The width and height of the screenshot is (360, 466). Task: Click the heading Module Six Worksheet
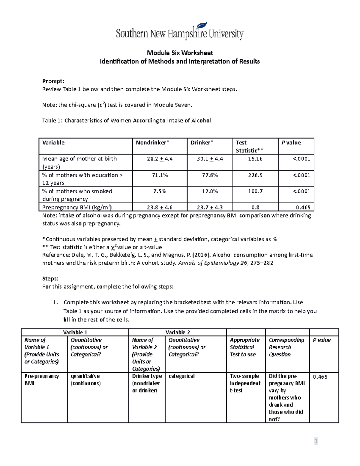pos(180,53)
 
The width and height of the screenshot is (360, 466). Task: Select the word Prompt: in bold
pos(53,81)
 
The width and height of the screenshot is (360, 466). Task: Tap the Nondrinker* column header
pos(152,143)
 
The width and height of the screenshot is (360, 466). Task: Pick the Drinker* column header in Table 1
pos(202,143)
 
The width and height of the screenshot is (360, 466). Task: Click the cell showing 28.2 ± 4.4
pos(160,159)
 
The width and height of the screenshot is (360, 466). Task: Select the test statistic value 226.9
pos(255,175)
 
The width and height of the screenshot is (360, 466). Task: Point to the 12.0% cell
pos(210,191)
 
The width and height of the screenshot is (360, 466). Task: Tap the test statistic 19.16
pos(255,159)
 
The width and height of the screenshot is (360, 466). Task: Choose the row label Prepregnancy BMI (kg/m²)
pos(77,207)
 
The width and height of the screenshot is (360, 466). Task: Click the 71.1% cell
pos(160,175)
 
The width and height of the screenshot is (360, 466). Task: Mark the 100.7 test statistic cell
pos(255,191)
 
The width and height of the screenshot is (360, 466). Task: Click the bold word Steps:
pos(50,278)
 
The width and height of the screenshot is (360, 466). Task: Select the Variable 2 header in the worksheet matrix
pos(178,332)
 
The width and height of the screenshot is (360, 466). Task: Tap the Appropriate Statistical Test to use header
pos(244,347)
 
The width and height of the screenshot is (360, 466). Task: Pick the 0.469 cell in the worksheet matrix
pos(320,377)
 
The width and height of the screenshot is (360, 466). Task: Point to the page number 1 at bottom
pos(316,441)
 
